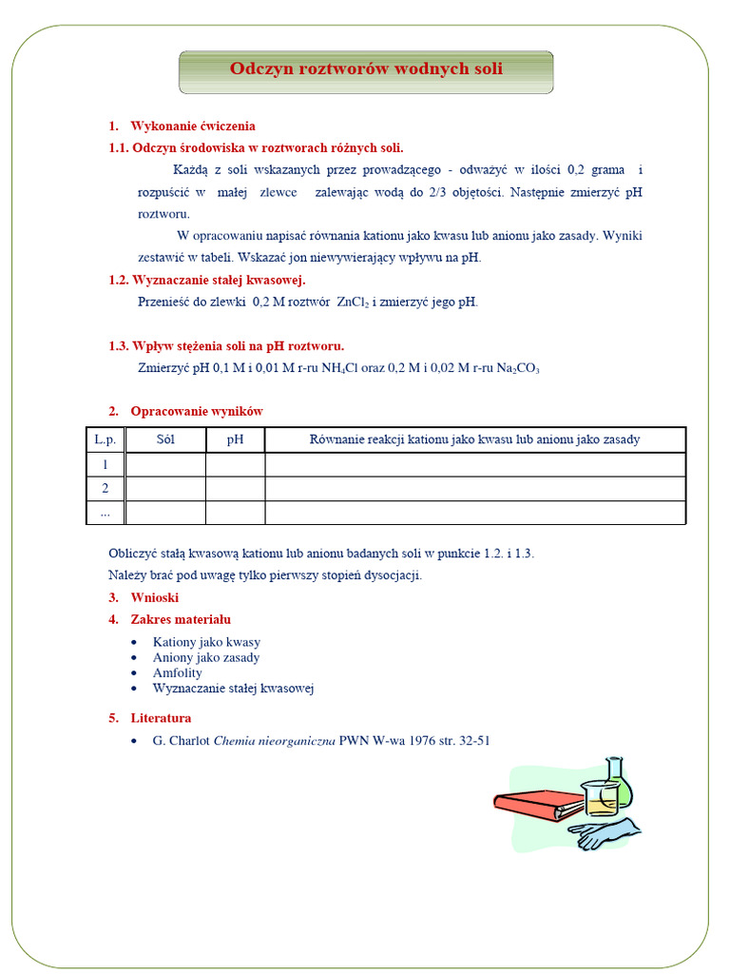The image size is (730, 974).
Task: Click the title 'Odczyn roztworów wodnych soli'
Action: pos(366,68)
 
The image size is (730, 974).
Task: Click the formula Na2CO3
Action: pos(518,368)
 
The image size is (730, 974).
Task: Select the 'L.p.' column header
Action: pos(105,439)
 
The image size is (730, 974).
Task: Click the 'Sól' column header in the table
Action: pos(165,439)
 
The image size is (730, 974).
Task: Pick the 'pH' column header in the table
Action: pos(235,439)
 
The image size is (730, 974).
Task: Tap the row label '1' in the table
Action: pos(105,464)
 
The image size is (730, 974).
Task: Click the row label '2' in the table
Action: pos(105,488)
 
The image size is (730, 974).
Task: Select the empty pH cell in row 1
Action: pos(235,464)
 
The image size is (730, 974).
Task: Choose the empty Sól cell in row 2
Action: pos(165,488)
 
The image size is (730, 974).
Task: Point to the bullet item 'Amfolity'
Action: pos(178,672)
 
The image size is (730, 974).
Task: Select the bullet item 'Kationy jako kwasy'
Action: pos(206,642)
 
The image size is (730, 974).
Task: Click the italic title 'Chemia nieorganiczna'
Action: pos(275,741)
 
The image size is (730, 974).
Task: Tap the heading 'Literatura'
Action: pos(161,718)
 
